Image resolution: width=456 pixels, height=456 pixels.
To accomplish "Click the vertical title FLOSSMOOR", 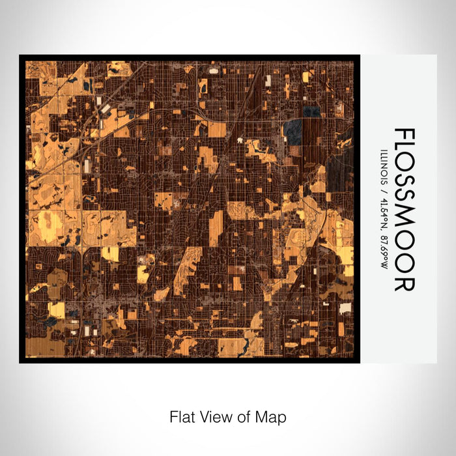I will [405, 209].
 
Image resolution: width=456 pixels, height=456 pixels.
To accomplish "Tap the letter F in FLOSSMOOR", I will [405, 136].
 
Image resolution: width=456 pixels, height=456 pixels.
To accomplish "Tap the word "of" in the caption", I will [236, 416].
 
